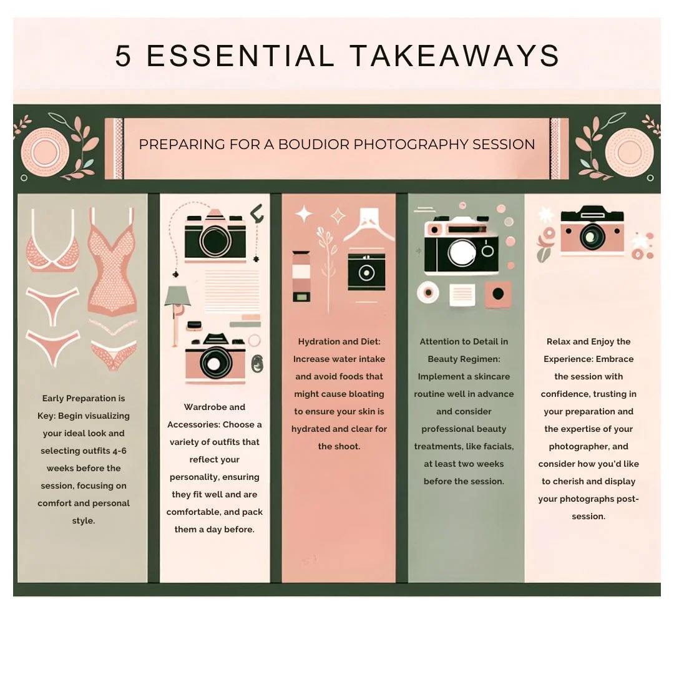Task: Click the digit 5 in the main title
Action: [123, 56]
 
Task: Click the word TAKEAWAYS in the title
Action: [454, 56]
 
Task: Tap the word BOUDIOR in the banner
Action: [314, 144]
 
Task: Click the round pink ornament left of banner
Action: [45, 153]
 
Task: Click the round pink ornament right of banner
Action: [629, 153]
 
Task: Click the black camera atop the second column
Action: [215, 235]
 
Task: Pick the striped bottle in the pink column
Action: [301, 276]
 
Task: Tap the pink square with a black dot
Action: [498, 295]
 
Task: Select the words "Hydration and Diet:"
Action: [339, 342]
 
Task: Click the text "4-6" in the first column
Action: [119, 451]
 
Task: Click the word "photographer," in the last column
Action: [589, 447]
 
